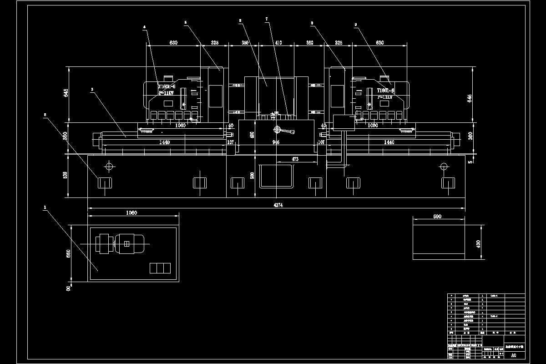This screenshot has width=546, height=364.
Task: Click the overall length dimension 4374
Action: click(278, 205)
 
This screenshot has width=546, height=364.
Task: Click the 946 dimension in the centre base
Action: click(276, 142)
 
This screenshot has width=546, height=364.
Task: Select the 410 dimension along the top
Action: click(278, 43)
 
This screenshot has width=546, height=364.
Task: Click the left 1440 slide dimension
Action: click(164, 142)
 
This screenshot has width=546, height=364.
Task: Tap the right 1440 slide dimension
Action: click(389, 142)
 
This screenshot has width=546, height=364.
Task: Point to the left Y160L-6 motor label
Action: click(167, 86)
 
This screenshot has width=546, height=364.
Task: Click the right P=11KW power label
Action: click(385, 97)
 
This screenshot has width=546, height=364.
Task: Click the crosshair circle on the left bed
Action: click(109, 166)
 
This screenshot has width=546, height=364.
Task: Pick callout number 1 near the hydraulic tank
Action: click(45, 208)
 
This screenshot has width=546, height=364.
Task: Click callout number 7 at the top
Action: click(267, 19)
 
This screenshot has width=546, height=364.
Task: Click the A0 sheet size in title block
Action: click(513, 355)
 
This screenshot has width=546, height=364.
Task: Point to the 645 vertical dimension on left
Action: click(66, 93)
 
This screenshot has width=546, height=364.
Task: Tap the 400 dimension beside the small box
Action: click(478, 244)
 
